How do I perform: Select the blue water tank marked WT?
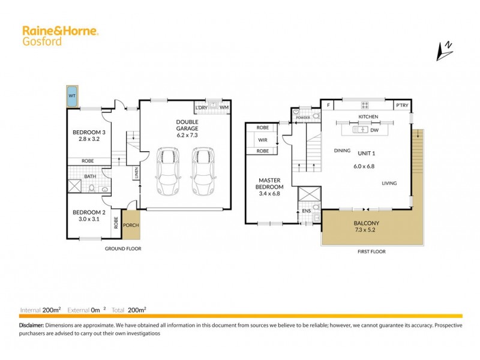(x=72, y=96)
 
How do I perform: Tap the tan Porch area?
(x=130, y=225)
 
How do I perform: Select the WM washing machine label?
(x=223, y=107)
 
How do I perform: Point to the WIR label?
(x=262, y=139)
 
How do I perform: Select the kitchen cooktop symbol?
(x=364, y=104)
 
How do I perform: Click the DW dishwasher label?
(x=374, y=130)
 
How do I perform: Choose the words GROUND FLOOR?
(x=122, y=248)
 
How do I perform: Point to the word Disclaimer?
(x=31, y=325)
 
